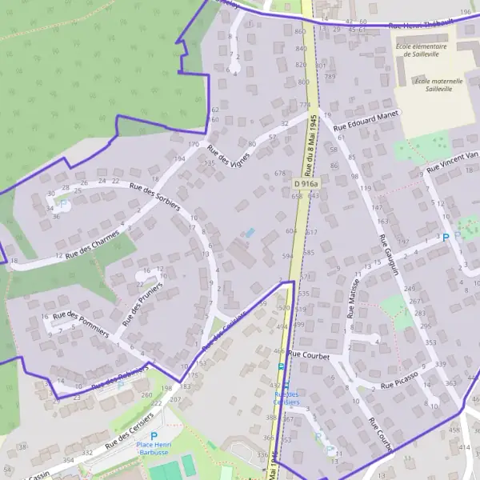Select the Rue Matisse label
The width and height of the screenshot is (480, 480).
click(352, 298)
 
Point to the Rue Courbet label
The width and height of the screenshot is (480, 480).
click(310, 354)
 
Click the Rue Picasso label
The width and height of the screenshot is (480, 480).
click(399, 379)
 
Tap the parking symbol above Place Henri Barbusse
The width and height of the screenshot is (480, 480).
click(154, 436)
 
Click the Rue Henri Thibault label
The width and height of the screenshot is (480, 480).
click(421, 25)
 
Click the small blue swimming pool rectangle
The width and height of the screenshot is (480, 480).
click(250, 233)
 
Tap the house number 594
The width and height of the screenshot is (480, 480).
click(287, 256)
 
